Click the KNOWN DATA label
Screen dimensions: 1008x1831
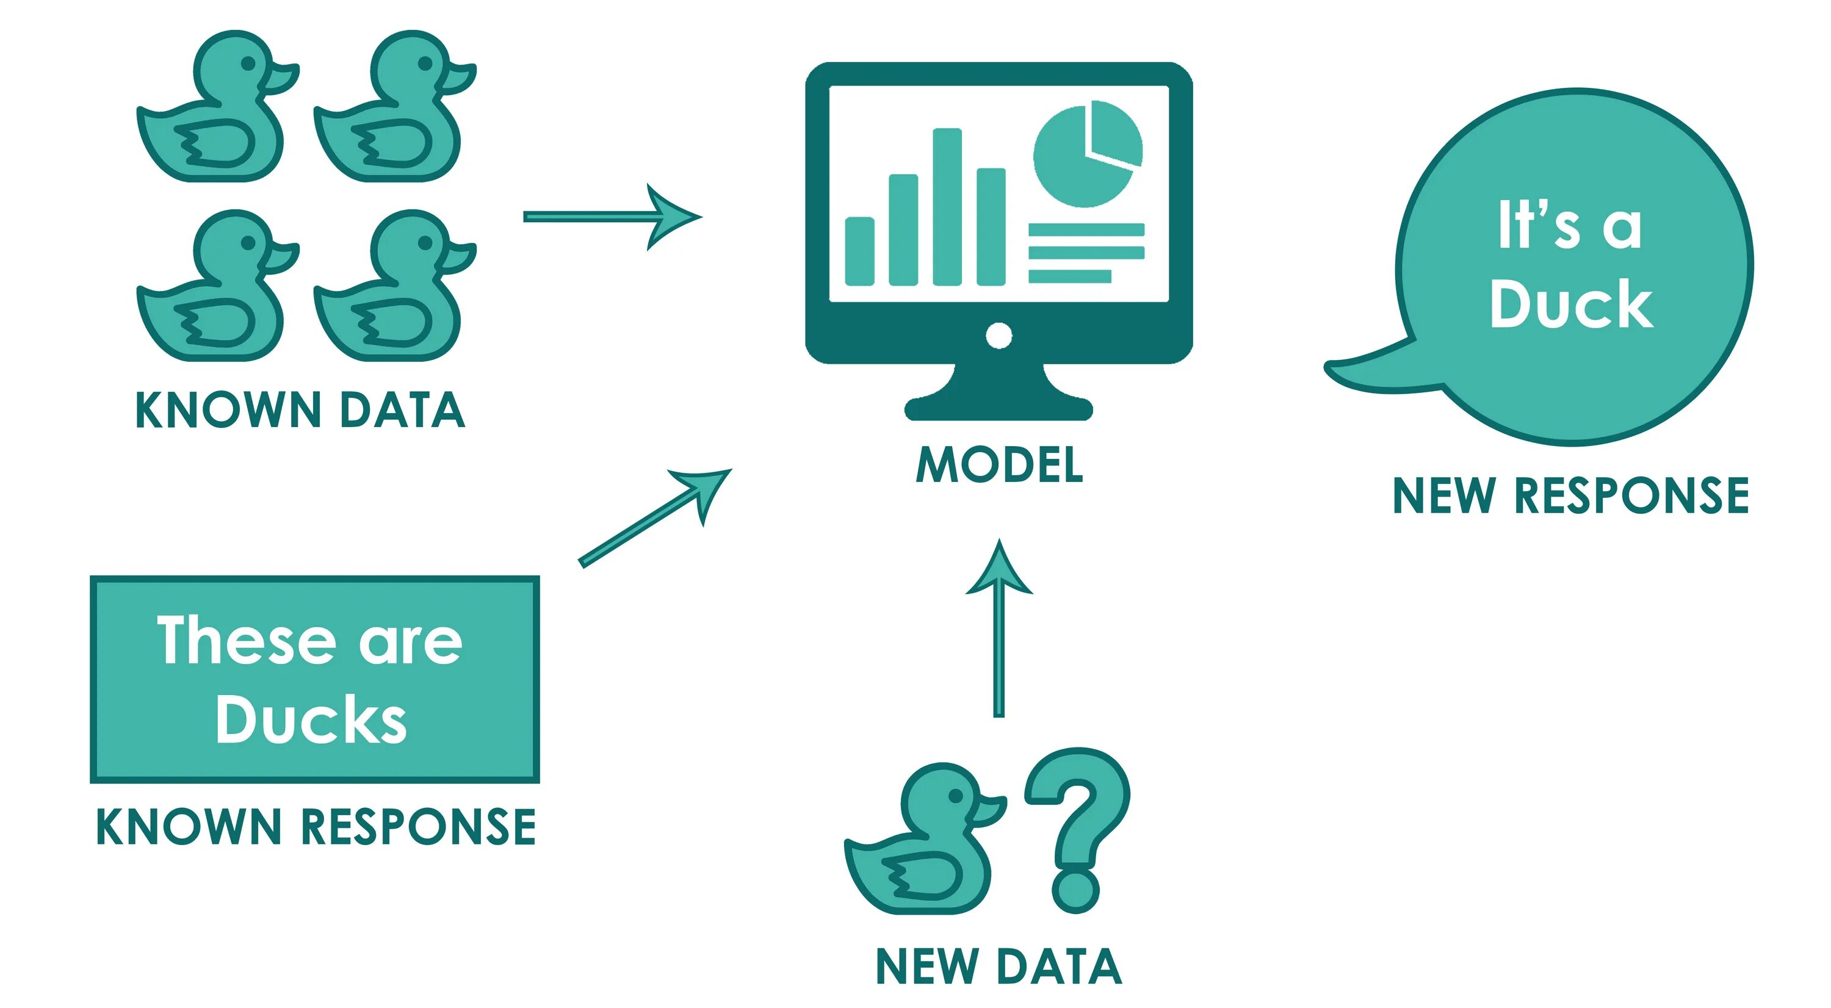[x=300, y=410]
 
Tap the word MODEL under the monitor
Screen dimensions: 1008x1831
[x=999, y=466]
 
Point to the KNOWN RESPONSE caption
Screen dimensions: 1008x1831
[x=316, y=826]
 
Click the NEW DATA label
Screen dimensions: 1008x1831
[x=999, y=966]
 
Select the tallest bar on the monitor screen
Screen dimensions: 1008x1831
[x=947, y=206]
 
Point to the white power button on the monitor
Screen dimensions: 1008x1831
[x=999, y=336]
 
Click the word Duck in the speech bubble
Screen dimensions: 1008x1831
[x=1571, y=304]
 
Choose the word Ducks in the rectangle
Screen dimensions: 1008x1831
[x=311, y=719]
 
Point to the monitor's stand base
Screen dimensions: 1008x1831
[x=998, y=408]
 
